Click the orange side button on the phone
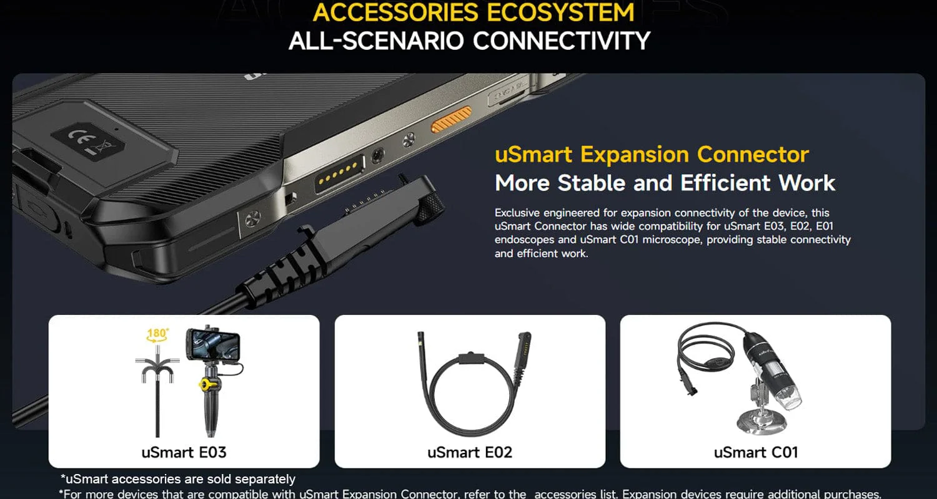[x=452, y=119]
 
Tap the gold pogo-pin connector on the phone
[x=339, y=173]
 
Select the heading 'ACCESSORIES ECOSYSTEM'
[x=473, y=12]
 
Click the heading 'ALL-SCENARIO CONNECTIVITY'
[x=469, y=41]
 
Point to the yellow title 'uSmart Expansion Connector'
[x=652, y=155]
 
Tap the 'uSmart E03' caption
[x=184, y=452]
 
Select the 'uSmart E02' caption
[x=470, y=452]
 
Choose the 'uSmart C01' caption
[x=756, y=452]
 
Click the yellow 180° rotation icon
[x=157, y=336]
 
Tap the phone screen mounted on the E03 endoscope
[x=214, y=344]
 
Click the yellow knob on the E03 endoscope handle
[x=207, y=384]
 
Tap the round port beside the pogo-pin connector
[x=378, y=156]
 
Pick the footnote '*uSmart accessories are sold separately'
[x=178, y=478]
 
